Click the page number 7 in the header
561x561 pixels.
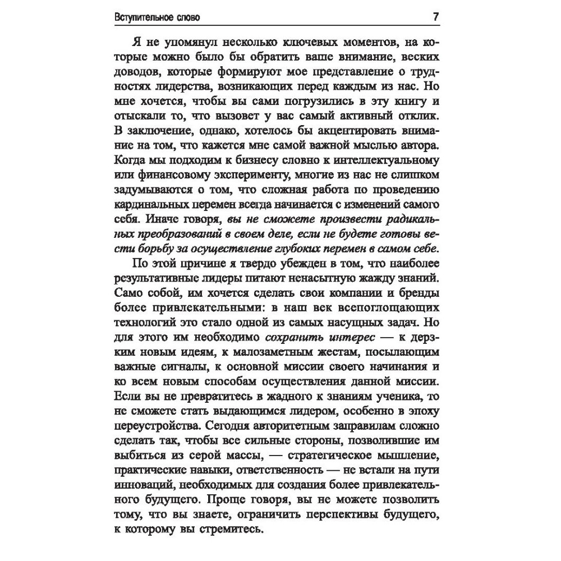click(x=436, y=16)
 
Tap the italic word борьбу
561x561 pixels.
click(x=155, y=248)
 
